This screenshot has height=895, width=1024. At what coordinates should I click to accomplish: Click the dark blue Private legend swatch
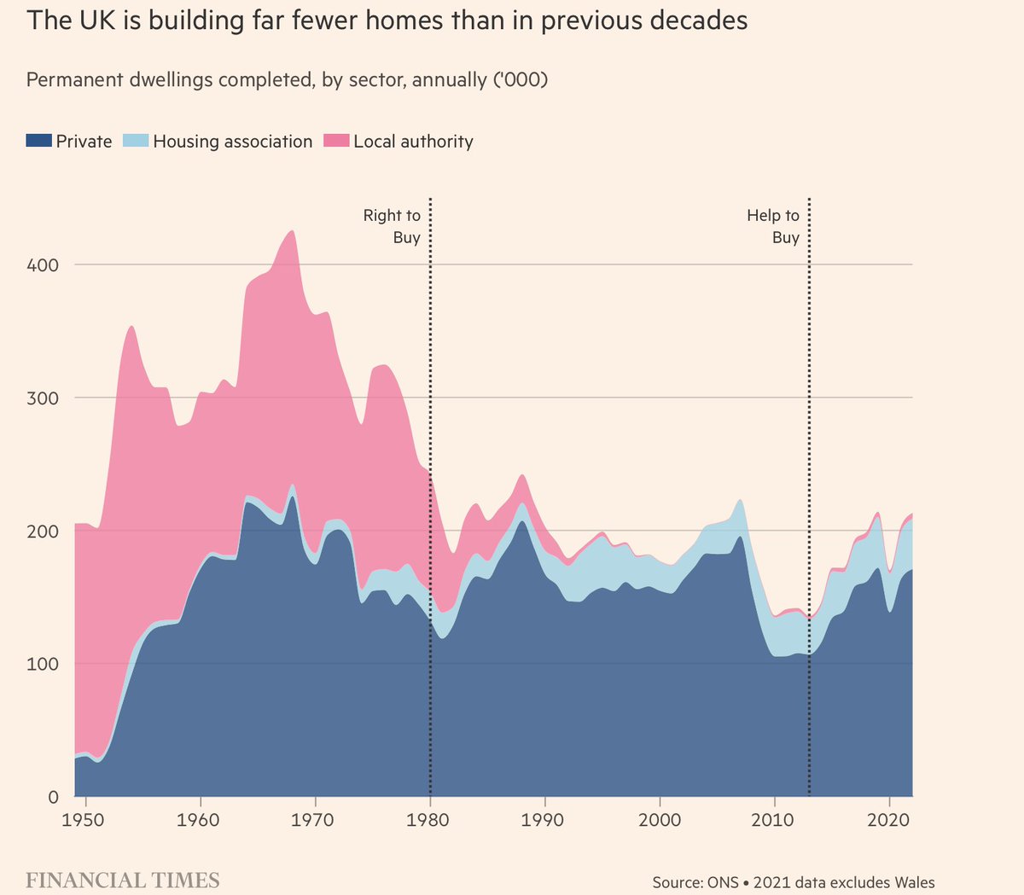click(39, 141)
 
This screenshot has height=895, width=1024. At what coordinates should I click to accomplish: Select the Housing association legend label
click(233, 142)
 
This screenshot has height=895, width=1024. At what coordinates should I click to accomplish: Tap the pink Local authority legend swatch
click(337, 141)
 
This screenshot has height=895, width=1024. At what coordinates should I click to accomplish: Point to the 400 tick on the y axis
click(42, 265)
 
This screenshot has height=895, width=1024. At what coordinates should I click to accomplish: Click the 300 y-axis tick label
click(42, 398)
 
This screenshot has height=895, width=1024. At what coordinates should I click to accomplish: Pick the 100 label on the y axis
click(42, 665)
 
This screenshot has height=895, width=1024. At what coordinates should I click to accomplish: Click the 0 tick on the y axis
click(52, 798)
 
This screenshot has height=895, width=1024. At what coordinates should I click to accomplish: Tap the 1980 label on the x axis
click(430, 820)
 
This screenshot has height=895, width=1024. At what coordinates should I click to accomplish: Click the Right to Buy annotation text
click(393, 226)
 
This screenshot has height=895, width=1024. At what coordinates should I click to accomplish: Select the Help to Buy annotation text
click(774, 226)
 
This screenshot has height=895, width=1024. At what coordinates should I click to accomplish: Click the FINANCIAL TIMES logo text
click(123, 880)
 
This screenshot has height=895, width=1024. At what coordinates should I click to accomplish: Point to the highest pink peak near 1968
click(292, 233)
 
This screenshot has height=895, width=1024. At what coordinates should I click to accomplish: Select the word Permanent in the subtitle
click(72, 80)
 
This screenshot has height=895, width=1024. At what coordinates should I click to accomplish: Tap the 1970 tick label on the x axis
click(316, 820)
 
